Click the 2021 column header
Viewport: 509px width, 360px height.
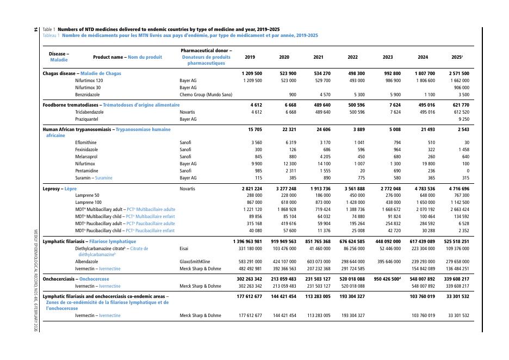click(319, 57)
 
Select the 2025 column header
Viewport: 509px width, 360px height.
click(457, 57)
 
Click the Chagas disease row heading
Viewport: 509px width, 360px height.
click(82, 73)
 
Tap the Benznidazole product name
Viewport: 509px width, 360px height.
click(88, 95)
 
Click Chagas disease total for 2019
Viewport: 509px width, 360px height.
click(252, 73)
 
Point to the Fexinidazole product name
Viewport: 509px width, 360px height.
click(86, 150)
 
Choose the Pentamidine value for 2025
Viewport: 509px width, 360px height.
click(467, 171)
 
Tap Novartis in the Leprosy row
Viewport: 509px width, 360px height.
click(188, 189)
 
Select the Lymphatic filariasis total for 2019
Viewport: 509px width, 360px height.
click(247, 241)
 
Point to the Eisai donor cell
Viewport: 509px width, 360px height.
click(184, 249)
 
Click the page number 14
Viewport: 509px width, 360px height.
click(36, 29)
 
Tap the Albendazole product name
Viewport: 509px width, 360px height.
click(86, 262)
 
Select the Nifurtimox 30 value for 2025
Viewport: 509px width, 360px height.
click(458, 88)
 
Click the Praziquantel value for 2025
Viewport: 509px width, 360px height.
click(463, 119)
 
